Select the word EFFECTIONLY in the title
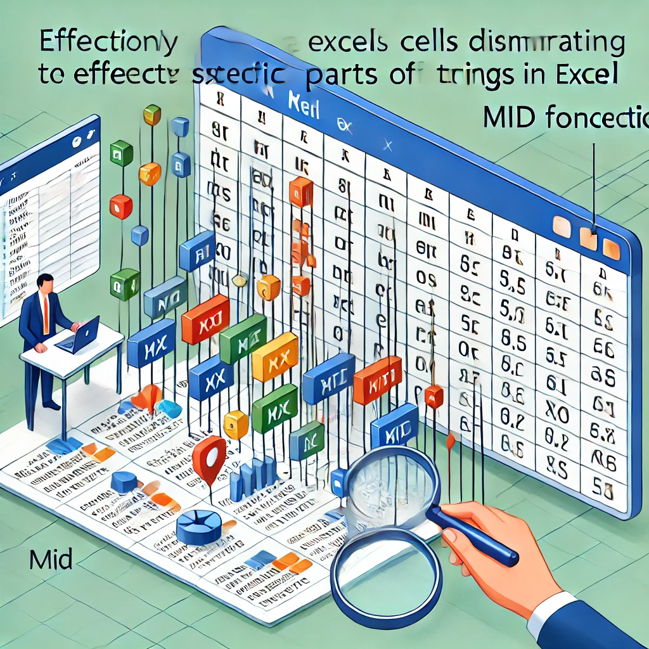click(x=108, y=42)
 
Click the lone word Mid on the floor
click(x=51, y=560)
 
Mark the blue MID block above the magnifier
click(x=394, y=430)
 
